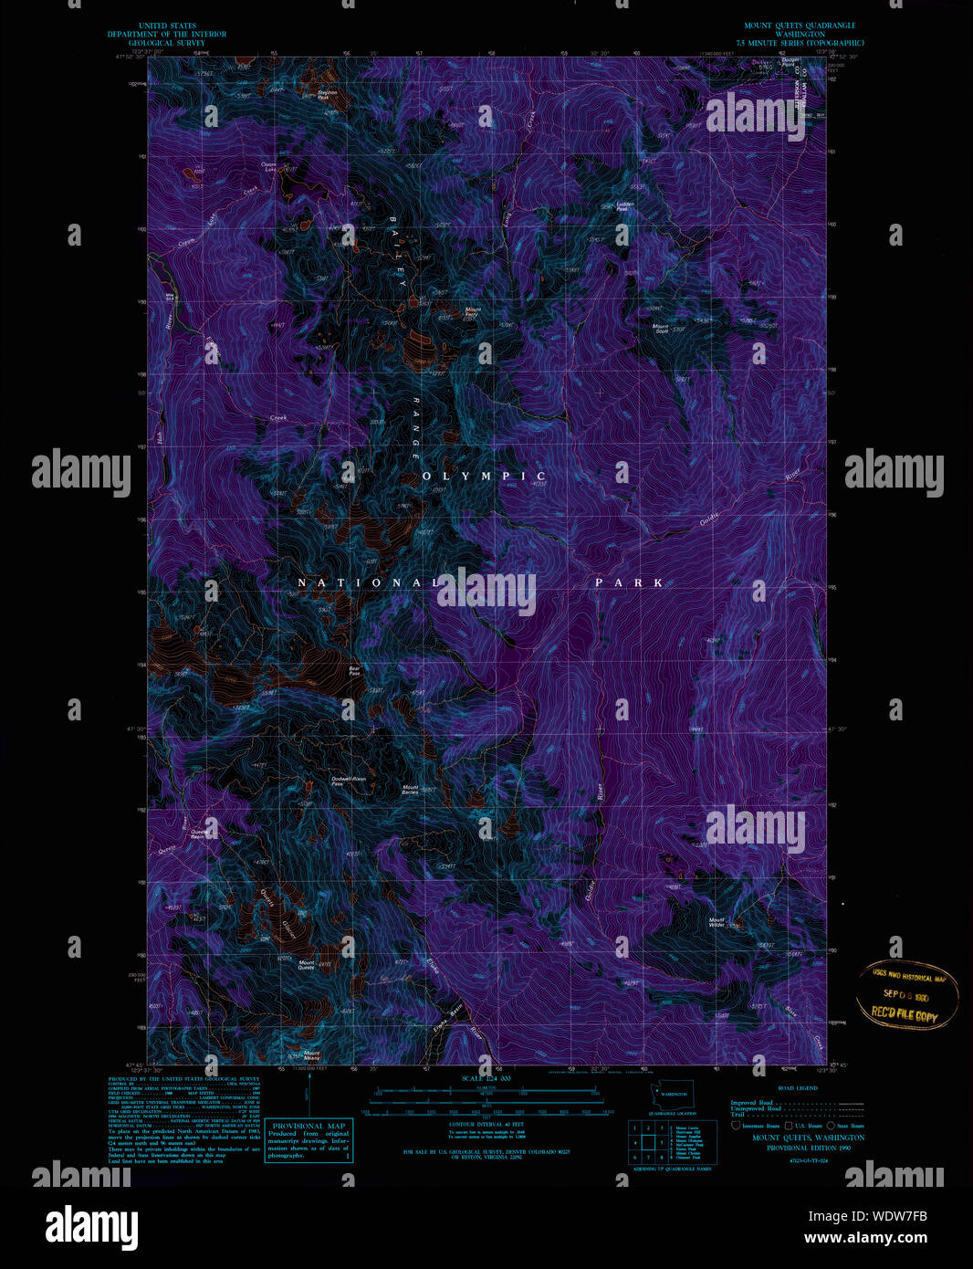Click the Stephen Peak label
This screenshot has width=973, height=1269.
(328, 94)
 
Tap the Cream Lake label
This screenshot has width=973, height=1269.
(269, 167)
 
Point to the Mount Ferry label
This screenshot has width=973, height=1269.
(473, 312)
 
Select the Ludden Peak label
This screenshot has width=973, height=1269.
(624, 206)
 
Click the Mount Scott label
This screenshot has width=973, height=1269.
(661, 328)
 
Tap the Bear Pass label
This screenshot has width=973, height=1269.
(354, 670)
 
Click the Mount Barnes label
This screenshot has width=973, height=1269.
(410, 790)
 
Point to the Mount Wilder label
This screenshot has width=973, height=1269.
(717, 923)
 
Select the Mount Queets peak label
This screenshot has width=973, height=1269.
(306, 965)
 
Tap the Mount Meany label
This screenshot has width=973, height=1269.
(311, 1054)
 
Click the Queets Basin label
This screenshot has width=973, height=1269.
(198, 834)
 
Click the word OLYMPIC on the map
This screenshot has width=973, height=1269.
(484, 476)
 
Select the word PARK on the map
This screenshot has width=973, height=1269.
(629, 582)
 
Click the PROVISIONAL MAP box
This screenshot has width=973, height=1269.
(309, 1140)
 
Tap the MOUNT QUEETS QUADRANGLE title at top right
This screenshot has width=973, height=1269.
(800, 26)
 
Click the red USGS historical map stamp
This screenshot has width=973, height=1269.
(906, 995)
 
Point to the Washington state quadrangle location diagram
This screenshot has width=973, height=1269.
(673, 1095)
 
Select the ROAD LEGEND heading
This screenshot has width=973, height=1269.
(797, 1088)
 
